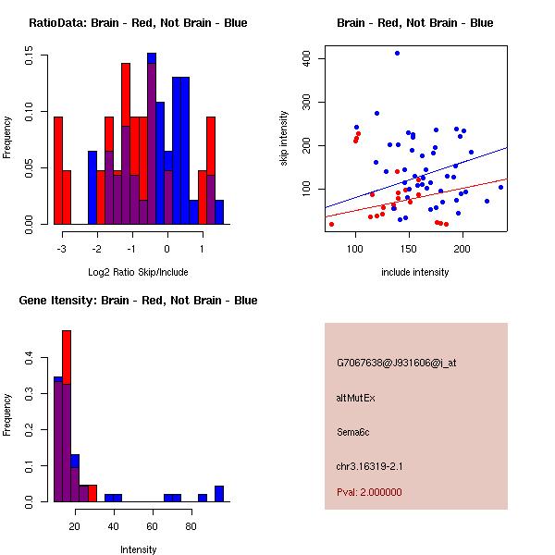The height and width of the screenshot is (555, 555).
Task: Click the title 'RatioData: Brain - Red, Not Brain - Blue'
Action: [x=138, y=22]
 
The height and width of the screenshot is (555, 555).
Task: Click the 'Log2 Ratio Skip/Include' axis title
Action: [x=138, y=272]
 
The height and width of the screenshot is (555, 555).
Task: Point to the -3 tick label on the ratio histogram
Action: [x=62, y=249]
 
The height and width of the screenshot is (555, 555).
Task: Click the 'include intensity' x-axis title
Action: [x=414, y=272]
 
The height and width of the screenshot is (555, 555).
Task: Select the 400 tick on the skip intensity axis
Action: [x=306, y=58]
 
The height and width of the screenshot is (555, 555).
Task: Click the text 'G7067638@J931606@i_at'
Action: [x=396, y=363]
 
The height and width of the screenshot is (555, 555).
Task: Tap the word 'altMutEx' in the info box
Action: [x=356, y=397]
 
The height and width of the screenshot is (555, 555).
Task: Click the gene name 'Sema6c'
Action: [x=353, y=431]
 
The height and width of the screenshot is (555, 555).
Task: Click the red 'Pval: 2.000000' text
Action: [x=369, y=492]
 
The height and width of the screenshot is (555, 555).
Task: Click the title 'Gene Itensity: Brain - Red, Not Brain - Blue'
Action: [x=138, y=300]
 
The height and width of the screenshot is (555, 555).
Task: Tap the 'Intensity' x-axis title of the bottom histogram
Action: [x=138, y=549]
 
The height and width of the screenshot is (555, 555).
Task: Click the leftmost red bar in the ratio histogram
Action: [x=57, y=170]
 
